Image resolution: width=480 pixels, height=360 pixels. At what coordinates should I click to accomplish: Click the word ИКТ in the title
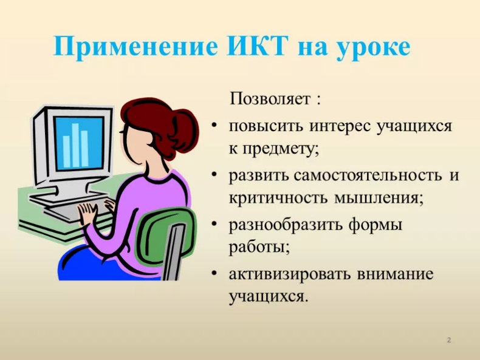pos(258,47)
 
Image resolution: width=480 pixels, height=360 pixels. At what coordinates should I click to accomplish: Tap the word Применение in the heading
pos(136,47)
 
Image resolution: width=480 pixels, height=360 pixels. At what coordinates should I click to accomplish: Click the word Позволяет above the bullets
pos(270,98)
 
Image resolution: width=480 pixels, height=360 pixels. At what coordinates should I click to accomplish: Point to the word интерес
pos(340,126)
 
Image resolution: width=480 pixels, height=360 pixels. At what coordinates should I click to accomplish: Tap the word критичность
pos(278,198)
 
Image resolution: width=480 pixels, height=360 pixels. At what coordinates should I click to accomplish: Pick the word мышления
pos(379,199)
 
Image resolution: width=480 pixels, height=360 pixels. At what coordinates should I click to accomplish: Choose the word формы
pos(375,225)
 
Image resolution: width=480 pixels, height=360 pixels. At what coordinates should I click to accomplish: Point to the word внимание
pos(395,274)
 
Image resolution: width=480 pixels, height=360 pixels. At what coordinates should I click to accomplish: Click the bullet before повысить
pos(214,126)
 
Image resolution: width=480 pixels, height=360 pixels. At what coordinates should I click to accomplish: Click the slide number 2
pos(449,340)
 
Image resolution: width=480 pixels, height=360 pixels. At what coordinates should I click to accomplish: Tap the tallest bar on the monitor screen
pos(75,145)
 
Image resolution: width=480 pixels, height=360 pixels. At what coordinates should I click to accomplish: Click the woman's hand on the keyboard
pos(87,213)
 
